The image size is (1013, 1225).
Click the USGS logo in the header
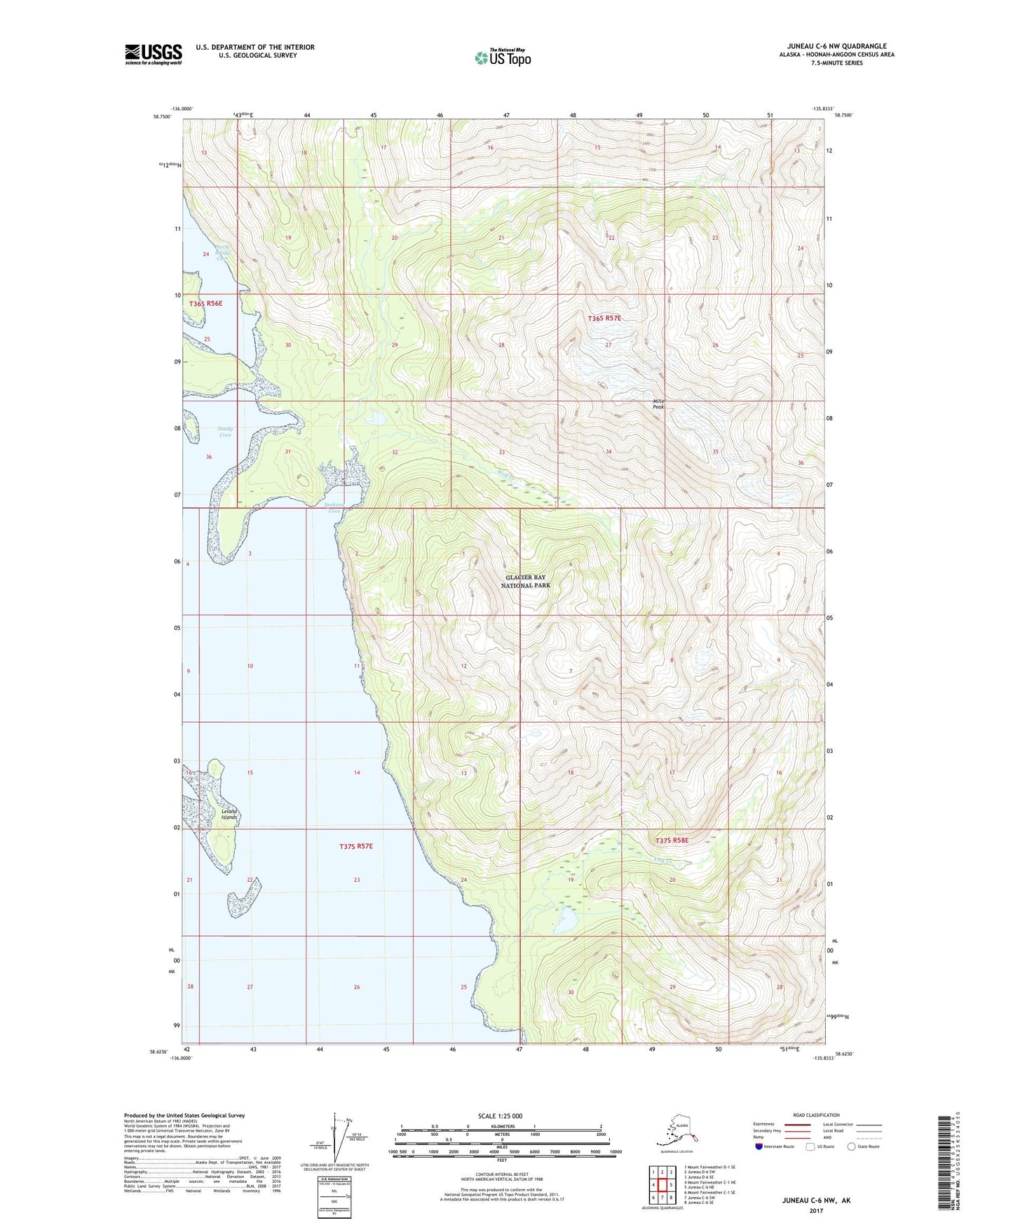(153, 54)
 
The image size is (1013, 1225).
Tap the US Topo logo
(502, 58)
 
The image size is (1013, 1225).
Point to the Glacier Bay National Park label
(526, 581)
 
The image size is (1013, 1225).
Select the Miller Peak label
(658, 404)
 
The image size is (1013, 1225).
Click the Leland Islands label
(229, 815)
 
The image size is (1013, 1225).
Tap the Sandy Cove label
(224, 431)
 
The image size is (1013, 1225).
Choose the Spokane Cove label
(335, 507)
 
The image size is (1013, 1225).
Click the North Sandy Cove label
(222, 252)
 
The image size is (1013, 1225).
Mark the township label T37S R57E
(355, 846)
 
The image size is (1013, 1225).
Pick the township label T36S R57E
(604, 318)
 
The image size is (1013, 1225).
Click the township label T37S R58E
(672, 841)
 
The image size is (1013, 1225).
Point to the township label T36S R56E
(205, 303)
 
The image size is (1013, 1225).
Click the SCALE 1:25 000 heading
(501, 1116)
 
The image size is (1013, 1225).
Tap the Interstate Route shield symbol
(759, 1147)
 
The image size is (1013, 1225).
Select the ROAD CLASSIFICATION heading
(816, 1115)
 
